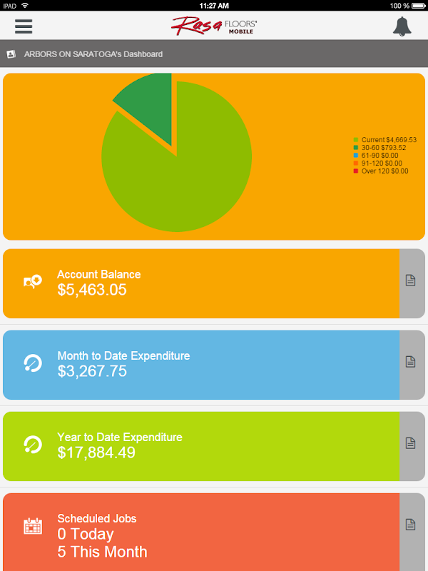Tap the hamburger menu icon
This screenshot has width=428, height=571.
tap(24, 26)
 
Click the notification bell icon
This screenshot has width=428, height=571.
tap(402, 26)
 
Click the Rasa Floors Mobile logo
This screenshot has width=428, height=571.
tap(214, 26)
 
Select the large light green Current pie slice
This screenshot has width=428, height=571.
tap(178, 171)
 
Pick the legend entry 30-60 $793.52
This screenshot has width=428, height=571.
tap(385, 148)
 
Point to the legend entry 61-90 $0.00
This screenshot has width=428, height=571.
tap(382, 156)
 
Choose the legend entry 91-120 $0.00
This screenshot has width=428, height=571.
tap(383, 163)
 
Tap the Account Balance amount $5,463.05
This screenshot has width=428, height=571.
tap(92, 290)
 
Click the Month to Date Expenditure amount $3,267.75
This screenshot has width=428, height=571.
tap(92, 371)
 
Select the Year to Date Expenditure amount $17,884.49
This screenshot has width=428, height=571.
tap(96, 453)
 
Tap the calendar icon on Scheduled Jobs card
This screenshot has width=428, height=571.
tap(33, 526)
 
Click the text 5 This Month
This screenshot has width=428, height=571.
tap(102, 552)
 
